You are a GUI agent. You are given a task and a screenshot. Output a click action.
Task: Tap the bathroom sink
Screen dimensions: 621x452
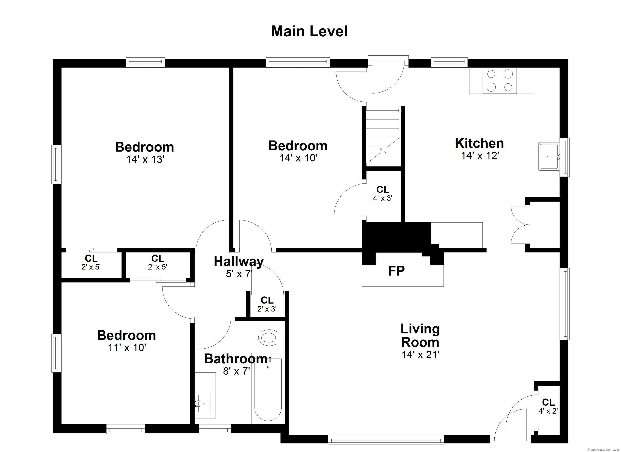pos(203,403)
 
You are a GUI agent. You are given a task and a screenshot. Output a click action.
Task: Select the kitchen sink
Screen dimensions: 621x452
pos(549,157)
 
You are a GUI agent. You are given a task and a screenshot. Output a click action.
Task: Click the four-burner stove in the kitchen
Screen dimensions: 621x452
pos(500,81)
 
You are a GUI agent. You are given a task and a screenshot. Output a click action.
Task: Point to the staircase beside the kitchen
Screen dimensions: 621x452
pos(383,137)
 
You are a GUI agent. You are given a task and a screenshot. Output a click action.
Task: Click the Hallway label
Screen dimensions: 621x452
pos(239,261)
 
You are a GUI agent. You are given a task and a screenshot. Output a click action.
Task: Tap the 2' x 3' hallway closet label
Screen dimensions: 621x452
pos(267,304)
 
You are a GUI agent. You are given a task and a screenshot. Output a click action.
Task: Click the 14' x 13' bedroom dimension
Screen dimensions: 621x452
pos(145,159)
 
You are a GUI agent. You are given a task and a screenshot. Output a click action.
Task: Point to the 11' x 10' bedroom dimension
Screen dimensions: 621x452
pos(127,348)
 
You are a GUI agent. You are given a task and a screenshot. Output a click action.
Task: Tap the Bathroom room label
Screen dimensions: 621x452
pos(236,359)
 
